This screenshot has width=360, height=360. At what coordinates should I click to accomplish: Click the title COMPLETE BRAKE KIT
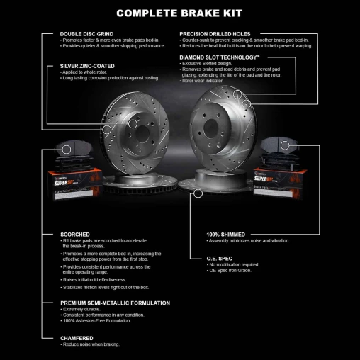(x=179, y=13)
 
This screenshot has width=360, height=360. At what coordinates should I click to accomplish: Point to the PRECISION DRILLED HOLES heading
(x=224, y=33)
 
